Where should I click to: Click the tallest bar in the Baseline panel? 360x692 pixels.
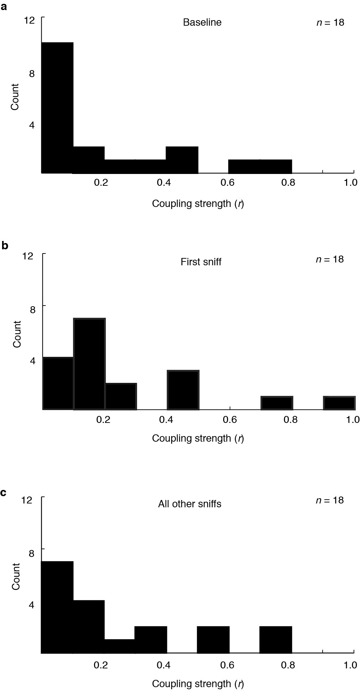[x=57, y=108]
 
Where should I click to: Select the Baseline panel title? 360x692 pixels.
[x=202, y=23]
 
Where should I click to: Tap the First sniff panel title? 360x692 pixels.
[x=201, y=261]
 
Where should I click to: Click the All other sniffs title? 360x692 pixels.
[x=190, y=504]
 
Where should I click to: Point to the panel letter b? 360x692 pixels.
[x=5, y=245]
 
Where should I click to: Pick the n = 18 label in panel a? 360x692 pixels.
[x=330, y=23]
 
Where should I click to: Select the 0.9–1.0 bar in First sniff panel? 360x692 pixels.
[x=339, y=403]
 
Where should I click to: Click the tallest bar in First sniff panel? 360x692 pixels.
[x=89, y=364]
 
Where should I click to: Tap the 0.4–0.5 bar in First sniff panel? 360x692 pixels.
[x=183, y=390]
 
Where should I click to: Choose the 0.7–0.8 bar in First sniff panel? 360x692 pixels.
[x=277, y=403]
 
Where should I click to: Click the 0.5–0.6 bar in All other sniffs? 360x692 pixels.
[x=213, y=640]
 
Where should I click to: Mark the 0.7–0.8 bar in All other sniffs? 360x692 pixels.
[x=276, y=640]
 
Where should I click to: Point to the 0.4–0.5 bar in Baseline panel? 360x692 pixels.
[x=182, y=160]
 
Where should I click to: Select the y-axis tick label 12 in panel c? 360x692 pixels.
[x=27, y=500]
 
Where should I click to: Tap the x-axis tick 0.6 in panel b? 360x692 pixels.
[x=229, y=419]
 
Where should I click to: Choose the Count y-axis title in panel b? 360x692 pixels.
[x=17, y=334]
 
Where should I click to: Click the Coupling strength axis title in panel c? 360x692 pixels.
[x=198, y=684]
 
